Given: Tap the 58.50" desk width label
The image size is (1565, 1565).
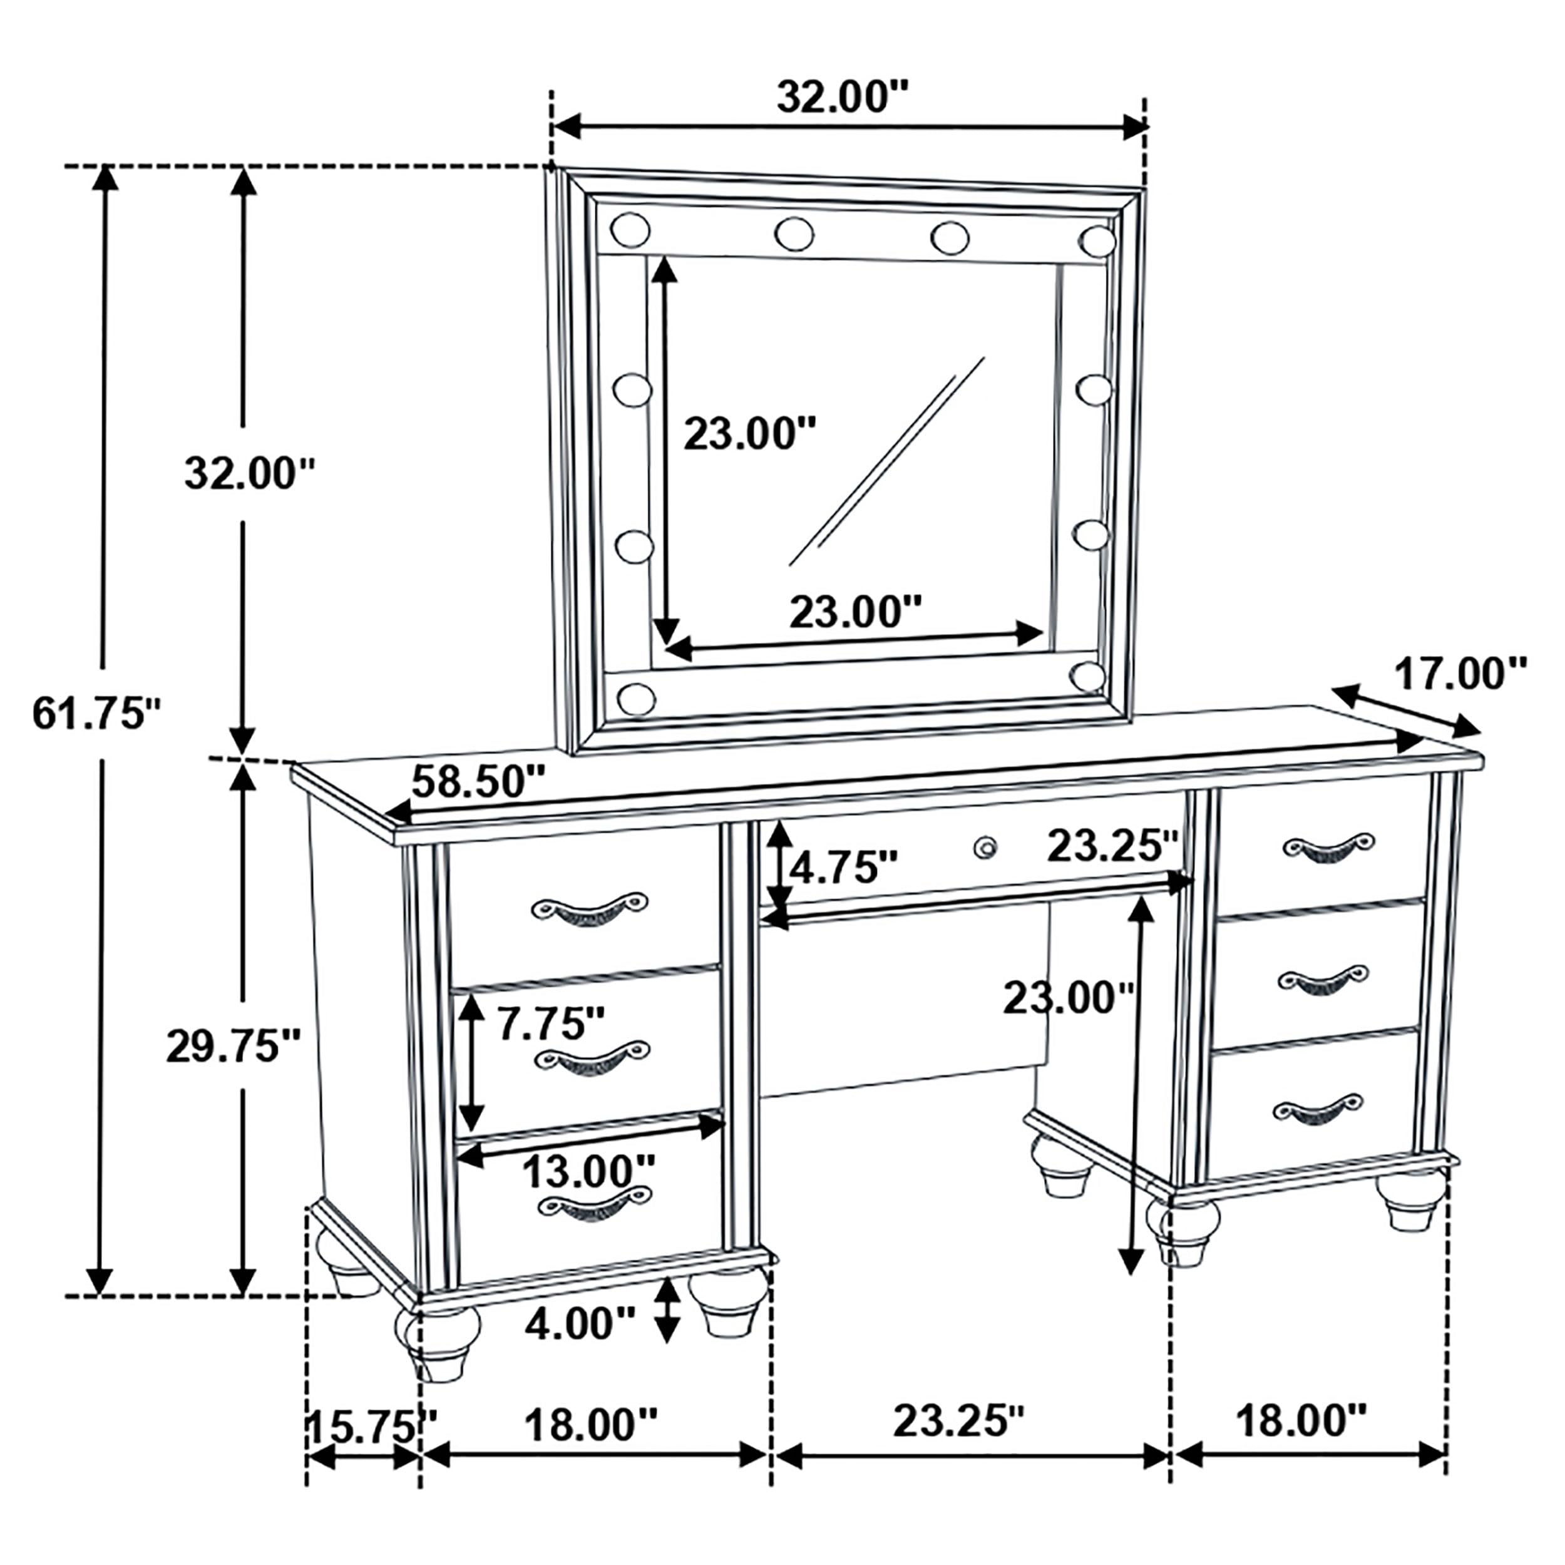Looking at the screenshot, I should coord(478,782).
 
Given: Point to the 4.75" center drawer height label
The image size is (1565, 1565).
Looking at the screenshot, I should coord(843,868).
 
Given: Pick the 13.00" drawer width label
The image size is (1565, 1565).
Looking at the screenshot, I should coord(587,1170).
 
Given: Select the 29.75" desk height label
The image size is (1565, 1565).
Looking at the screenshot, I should coord(233,1047).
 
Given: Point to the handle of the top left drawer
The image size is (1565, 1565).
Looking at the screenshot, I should coord(589,910).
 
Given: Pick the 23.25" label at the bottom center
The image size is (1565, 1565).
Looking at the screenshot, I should coord(958,1422).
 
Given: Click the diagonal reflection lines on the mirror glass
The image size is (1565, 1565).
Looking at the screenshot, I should coord(887,462).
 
